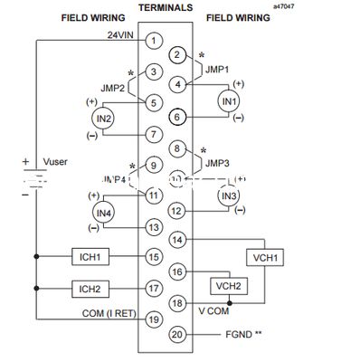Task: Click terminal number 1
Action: pyautogui.click(x=155, y=40)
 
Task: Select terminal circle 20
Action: pyautogui.click(x=178, y=334)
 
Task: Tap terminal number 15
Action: pyautogui.click(x=155, y=257)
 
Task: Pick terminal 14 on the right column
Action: pyautogui.click(x=178, y=240)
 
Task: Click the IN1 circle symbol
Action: pyautogui.click(x=229, y=100)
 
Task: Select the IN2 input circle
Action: pyautogui.click(x=103, y=119)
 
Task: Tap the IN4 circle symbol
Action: pyautogui.click(x=103, y=211)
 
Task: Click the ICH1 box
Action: pyautogui.click(x=89, y=257)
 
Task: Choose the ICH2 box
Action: pyautogui.click(x=89, y=289)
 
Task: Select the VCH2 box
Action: pyautogui.click(x=226, y=285)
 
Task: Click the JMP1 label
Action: pyautogui.click(x=217, y=69)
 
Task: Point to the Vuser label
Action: pyautogui.click(x=57, y=162)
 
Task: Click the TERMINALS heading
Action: pyautogui.click(x=166, y=7)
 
